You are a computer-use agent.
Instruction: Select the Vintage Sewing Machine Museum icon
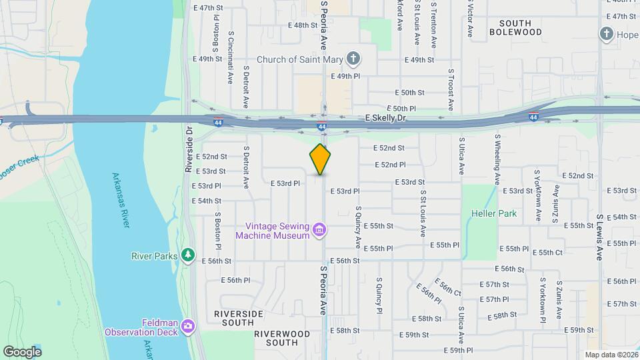point(319,231)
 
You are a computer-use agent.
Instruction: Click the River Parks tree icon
point(189,255)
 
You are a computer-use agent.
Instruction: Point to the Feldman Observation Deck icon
point(189,325)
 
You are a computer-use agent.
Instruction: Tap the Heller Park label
point(479,214)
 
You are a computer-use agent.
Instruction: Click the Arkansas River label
point(117,201)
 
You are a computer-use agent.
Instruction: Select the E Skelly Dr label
point(386,117)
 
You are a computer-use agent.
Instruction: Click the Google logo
point(22,351)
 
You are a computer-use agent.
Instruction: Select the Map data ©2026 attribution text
point(611,355)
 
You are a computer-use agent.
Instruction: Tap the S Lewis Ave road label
point(600,237)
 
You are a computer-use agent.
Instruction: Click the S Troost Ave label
point(451,89)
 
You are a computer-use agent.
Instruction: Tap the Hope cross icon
point(607,33)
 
